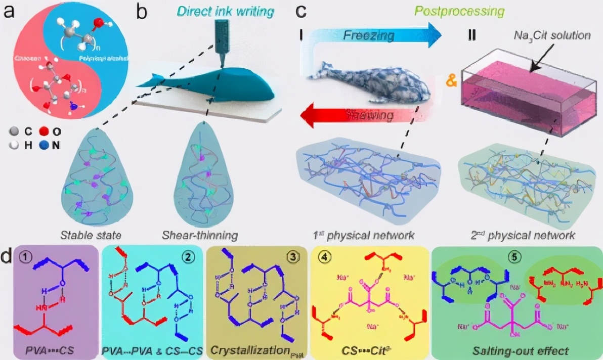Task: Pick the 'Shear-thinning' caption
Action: [x=200, y=235]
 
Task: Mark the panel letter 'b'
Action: [x=142, y=11]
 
